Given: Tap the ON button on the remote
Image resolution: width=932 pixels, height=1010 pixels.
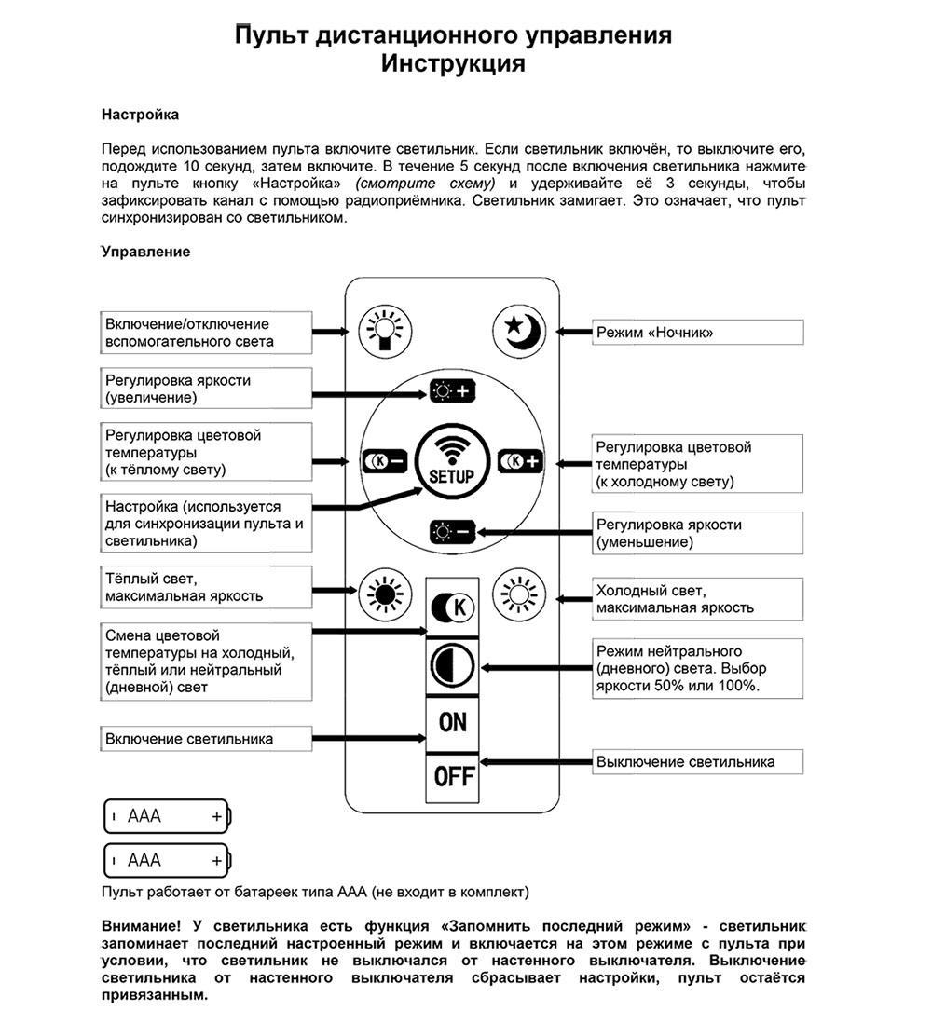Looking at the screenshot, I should click(x=453, y=722).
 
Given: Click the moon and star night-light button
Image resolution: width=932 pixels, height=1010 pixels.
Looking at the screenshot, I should click(x=520, y=331).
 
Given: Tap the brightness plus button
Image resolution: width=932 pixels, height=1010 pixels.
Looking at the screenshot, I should click(x=452, y=391).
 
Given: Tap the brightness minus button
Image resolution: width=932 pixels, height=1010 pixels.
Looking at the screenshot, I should click(x=452, y=532).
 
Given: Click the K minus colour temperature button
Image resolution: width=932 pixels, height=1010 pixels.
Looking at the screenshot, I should click(x=385, y=461).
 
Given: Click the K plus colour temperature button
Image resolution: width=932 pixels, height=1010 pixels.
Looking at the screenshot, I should click(x=520, y=461).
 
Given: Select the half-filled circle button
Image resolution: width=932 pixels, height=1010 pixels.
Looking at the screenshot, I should click(x=453, y=666).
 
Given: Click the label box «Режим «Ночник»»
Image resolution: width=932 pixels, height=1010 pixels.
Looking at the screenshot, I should click(x=698, y=332).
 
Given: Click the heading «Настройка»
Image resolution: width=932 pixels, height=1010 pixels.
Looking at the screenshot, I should click(x=140, y=115).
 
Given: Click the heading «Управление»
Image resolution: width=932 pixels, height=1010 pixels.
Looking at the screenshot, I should click(x=145, y=252).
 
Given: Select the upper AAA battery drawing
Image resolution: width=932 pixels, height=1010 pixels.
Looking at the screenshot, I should click(x=166, y=816).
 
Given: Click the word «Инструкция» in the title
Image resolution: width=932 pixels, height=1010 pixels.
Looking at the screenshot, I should click(x=453, y=63).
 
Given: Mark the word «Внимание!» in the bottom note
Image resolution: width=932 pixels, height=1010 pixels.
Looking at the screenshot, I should click(x=142, y=927).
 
